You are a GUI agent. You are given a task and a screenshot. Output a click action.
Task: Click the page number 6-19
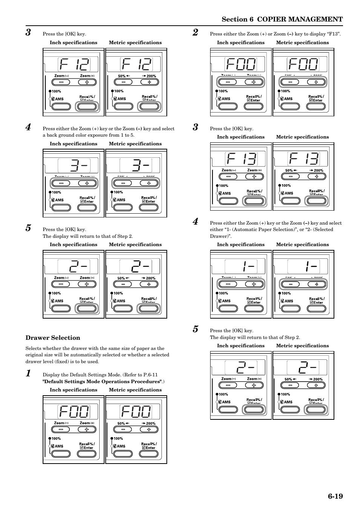click(335, 496)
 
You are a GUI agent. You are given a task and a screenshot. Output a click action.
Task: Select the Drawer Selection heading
click(53, 338)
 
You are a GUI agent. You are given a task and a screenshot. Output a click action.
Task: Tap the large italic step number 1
click(28, 374)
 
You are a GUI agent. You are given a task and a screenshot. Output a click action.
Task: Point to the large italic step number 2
click(195, 32)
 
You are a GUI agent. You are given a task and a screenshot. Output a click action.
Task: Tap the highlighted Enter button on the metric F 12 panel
click(149, 106)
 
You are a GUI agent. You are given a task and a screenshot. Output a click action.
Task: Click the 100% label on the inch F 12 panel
click(56, 91)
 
